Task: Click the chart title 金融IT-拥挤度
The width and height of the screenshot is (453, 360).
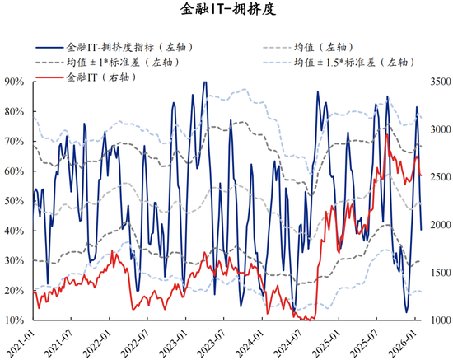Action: [x=226, y=11]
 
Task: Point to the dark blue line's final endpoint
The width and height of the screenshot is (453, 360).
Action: [x=422, y=230]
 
